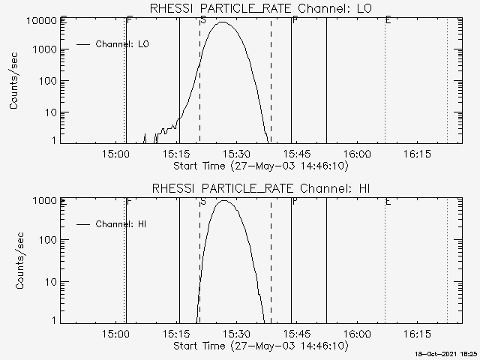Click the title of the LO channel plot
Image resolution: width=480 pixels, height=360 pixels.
pos(260,8)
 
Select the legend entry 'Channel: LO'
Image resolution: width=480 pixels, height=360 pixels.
pos(123,44)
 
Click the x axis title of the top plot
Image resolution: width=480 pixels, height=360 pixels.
pos(260,166)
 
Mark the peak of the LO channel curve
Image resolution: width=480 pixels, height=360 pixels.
pos(223,22)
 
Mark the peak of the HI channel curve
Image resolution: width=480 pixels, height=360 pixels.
pos(224,200)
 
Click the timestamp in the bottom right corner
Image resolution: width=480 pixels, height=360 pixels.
pos(446,352)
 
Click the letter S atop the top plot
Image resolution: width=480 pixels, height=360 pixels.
pos(203,19)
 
